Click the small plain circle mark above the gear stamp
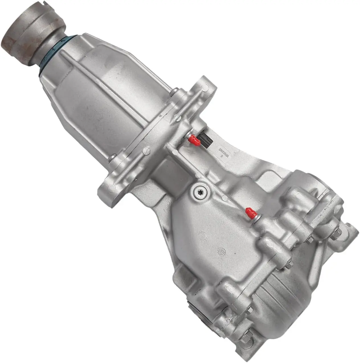(x=202, y=236)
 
